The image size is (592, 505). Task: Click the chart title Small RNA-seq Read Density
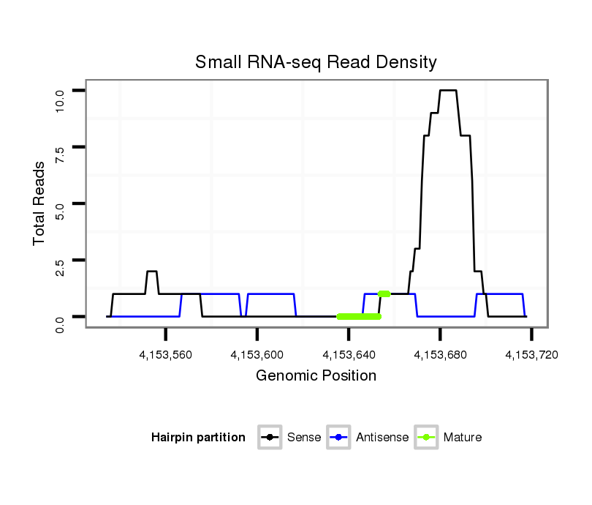(316, 62)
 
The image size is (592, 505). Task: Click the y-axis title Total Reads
(39, 203)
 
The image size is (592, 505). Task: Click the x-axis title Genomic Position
(316, 376)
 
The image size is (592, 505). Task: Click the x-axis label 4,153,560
(166, 355)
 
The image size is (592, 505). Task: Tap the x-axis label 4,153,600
(257, 355)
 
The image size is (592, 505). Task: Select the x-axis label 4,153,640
(349, 355)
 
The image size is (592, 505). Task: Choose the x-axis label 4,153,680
(440, 355)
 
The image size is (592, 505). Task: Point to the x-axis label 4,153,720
(531, 355)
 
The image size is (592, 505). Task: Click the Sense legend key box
(270, 438)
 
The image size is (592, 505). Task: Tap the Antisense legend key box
(339, 438)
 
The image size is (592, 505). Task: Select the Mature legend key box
(426, 438)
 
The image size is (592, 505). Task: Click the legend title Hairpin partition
(198, 438)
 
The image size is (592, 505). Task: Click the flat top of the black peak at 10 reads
(448, 91)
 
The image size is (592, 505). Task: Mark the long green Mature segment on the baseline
(359, 317)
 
